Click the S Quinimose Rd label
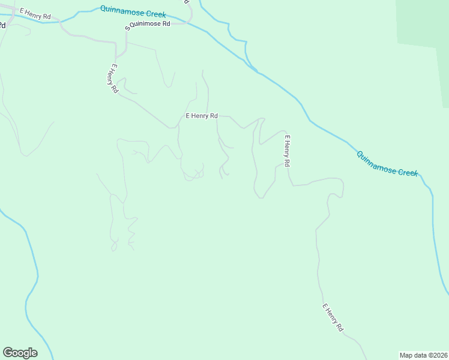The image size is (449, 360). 148,25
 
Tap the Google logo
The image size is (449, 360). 20,353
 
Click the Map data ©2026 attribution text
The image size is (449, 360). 423,355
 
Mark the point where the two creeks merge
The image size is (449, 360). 259,73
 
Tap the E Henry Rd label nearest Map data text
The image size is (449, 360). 333,318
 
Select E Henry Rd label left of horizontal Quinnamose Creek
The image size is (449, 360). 35,14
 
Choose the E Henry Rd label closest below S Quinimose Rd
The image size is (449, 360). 112,78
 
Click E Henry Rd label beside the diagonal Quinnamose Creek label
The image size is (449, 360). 287,151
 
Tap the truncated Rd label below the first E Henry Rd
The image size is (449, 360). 2,25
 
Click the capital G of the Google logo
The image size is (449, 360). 8,353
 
